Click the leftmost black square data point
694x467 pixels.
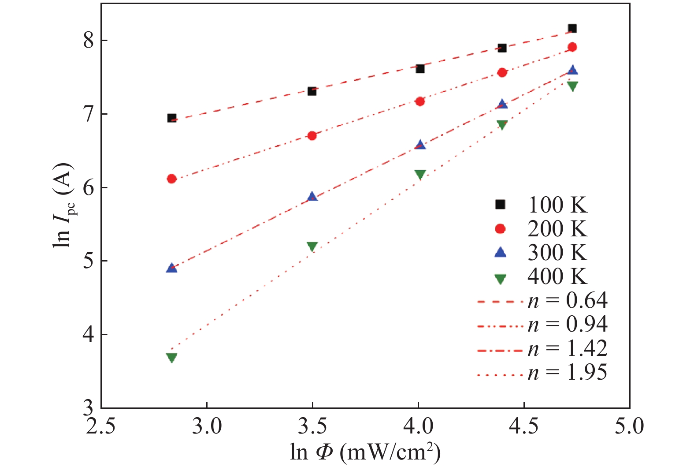coord(172,118)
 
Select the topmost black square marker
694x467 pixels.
coord(572,28)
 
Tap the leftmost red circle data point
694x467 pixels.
coord(172,179)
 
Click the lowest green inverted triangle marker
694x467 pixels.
coord(172,357)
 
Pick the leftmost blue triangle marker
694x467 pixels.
coord(172,268)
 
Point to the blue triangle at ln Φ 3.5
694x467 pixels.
coord(312,197)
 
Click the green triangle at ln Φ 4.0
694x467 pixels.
coord(420,174)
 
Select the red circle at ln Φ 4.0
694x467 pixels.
coord(420,101)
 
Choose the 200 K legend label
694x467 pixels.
coord(557,229)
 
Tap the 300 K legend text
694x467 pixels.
coord(557,253)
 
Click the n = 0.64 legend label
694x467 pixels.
coord(568,301)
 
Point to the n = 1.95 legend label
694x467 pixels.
coord(568,372)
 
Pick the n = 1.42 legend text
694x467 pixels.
coord(568,348)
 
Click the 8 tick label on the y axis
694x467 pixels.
coord(89,41)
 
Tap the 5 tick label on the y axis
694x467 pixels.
coord(89,261)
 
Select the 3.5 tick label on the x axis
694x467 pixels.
coord(312,426)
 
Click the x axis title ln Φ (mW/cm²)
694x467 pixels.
coord(365,452)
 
